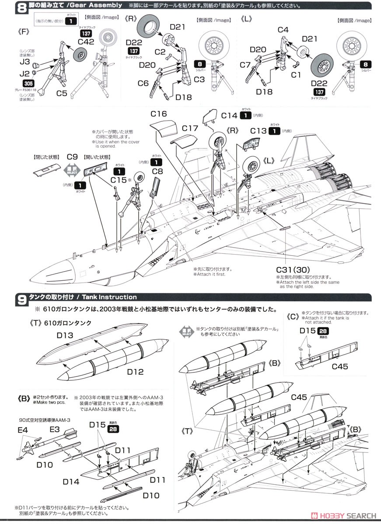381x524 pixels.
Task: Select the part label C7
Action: [245, 65]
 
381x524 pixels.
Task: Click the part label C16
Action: [158, 114]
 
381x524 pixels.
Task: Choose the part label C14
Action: [229, 116]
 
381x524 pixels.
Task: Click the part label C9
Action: [72, 156]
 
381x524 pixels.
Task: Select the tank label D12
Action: [136, 372]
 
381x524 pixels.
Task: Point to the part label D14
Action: [71, 482]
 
